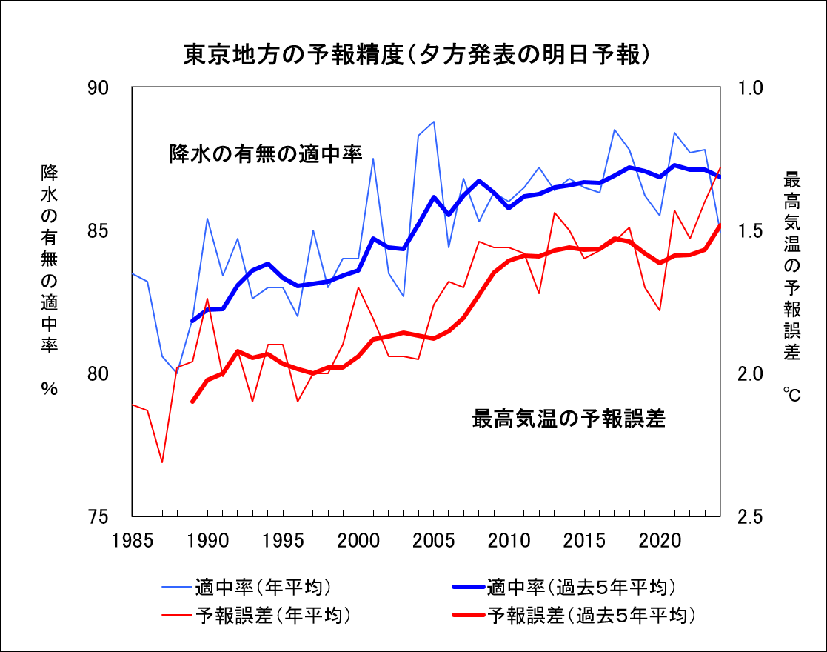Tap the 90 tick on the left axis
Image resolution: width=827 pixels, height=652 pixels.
[109, 87]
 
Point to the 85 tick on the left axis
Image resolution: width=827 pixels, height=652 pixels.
[109, 230]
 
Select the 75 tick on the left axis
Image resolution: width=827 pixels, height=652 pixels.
[109, 516]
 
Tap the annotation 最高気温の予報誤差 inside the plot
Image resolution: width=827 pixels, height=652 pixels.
[569, 419]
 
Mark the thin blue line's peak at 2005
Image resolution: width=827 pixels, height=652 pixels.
[434, 122]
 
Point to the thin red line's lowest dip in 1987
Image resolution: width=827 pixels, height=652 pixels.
[162, 462]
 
